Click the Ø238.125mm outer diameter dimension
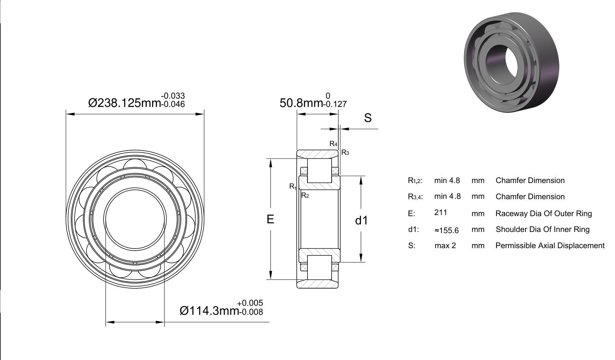click(124, 103)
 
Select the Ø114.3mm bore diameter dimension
click(209, 311)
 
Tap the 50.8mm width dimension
click(301, 103)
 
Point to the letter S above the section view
click(368, 118)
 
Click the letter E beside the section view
click(271, 219)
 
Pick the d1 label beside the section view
click(361, 220)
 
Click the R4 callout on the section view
click(333, 143)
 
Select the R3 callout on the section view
click(345, 153)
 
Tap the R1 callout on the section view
click(293, 186)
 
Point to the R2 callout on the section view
click(305, 195)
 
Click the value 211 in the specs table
click(441, 212)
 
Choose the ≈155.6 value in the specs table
click(446, 230)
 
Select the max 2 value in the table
click(445, 246)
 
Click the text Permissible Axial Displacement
click(550, 246)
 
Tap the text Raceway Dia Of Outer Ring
click(543, 214)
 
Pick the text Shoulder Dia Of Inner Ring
click(542, 229)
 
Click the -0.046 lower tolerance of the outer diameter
click(173, 104)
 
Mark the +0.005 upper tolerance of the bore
click(250, 303)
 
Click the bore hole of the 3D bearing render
click(502, 64)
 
